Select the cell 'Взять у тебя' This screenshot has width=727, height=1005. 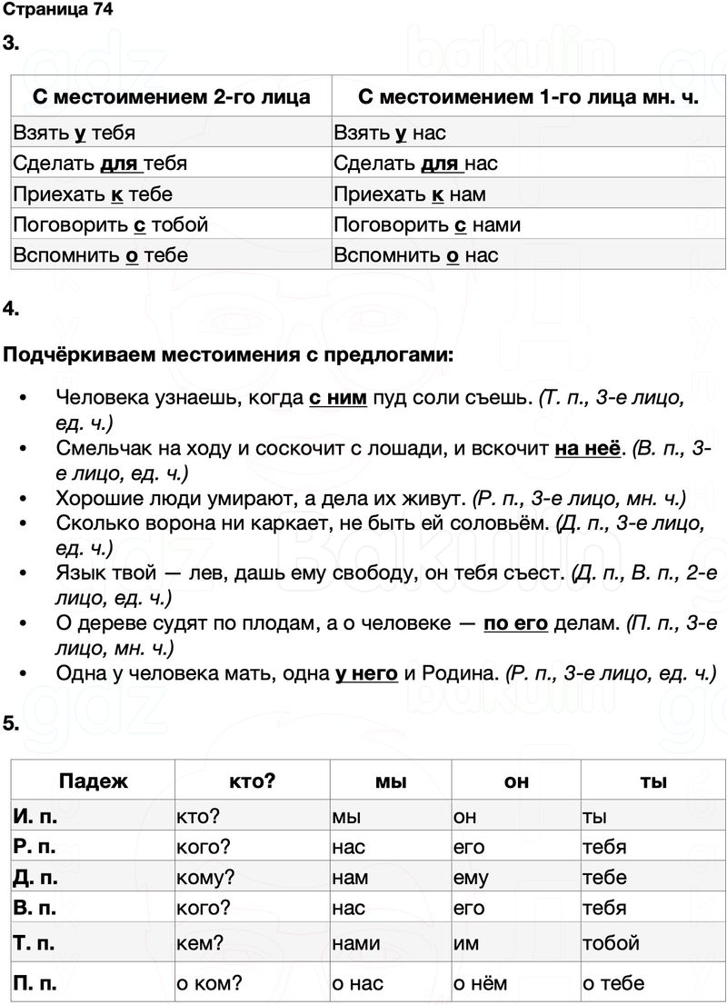pyautogui.click(x=75, y=134)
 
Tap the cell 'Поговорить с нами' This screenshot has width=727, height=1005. pyautogui.click(x=426, y=224)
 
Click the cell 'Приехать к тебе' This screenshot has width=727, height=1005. pyautogui.click(x=93, y=194)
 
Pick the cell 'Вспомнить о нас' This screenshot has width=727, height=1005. pyautogui.click(x=415, y=255)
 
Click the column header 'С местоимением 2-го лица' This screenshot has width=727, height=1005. pyautogui.click(x=172, y=97)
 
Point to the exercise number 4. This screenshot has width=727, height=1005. pyautogui.click(x=11, y=309)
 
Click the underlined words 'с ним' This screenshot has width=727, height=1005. pyautogui.click(x=337, y=397)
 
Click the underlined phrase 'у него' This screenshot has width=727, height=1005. pyautogui.click(x=366, y=673)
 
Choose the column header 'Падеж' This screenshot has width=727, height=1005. pyautogui.click(x=94, y=781)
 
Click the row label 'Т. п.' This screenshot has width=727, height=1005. pyautogui.click(x=35, y=943)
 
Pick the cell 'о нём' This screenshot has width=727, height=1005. pyautogui.click(x=480, y=983)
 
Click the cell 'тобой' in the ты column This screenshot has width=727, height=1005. pyautogui.click(x=611, y=943)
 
